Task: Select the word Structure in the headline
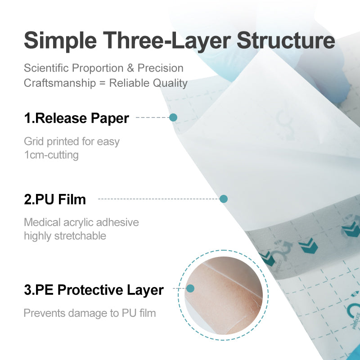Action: pos(286,40)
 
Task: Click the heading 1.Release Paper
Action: pos(76,118)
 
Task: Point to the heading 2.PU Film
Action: pos(55,199)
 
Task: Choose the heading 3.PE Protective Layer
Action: pos(94,290)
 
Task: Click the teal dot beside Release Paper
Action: pos(173,117)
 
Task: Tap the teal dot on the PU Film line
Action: pos(224,199)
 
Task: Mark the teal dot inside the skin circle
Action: pos(190,288)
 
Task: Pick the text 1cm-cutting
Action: pos(51,155)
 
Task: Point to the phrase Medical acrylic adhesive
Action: pos(81,222)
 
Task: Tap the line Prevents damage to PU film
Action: pos(90,313)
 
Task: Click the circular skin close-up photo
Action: pos(223,295)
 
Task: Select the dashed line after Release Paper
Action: pos(152,118)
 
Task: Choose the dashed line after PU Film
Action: pos(157,199)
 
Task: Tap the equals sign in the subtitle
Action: pos(103,83)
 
